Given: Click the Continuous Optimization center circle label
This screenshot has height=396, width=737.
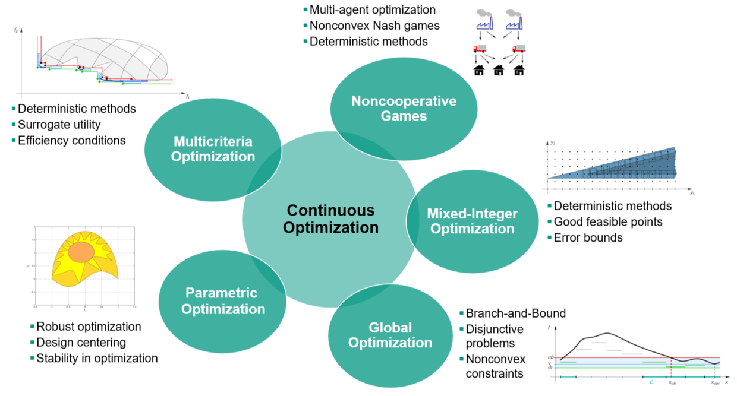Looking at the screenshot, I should [330, 218].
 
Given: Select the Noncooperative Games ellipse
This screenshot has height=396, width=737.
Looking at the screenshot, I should [404, 109].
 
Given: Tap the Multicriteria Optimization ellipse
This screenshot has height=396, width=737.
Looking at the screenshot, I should [213, 149].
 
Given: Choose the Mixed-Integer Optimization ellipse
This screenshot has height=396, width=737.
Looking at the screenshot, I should [473, 221].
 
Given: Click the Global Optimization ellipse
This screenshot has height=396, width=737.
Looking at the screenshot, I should [390, 335].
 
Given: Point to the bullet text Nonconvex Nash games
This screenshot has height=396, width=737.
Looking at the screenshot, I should [374, 26].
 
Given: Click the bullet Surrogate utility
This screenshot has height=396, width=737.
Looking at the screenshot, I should [59, 125].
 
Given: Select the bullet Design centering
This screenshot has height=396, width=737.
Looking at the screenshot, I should [81, 343].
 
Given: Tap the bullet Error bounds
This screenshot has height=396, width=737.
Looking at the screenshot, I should [588, 237].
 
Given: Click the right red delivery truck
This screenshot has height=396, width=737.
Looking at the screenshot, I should [519, 49].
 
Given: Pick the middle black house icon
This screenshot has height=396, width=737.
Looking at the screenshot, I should [499, 71].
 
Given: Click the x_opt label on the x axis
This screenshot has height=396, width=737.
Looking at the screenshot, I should [715, 384].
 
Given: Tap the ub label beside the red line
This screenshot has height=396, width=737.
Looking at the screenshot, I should [551, 357].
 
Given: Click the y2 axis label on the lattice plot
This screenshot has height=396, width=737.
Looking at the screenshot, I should [552, 143].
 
